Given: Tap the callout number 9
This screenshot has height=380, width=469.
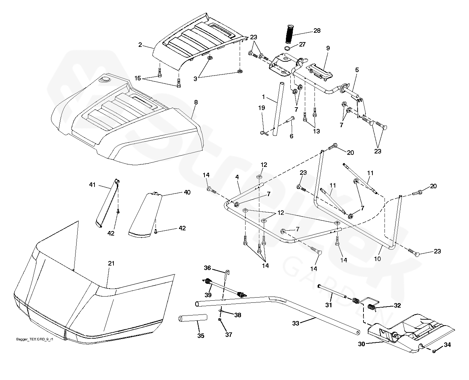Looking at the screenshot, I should [328, 48].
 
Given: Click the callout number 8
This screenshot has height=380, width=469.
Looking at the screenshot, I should [196, 102].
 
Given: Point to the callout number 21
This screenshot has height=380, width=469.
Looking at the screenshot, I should [111, 263].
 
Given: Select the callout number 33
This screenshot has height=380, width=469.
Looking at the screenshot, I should [296, 323].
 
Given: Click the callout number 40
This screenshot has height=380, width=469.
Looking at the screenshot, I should [187, 192].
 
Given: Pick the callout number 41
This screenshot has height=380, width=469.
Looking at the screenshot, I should [92, 185].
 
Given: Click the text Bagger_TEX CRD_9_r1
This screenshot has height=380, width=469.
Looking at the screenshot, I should [34, 339].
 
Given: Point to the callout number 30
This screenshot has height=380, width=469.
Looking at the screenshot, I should [361, 344].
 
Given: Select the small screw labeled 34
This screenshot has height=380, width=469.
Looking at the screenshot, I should [435, 351].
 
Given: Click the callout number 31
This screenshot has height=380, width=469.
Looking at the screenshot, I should [329, 305].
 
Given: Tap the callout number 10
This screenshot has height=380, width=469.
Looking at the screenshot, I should [378, 258].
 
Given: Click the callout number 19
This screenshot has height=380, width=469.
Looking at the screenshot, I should [262, 108].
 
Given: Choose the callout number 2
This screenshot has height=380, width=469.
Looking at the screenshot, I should [140, 44].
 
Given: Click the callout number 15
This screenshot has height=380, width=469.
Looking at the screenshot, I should [138, 79].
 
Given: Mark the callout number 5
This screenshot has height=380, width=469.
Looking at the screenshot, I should [357, 70].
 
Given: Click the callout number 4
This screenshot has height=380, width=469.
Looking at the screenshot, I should [237, 177].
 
